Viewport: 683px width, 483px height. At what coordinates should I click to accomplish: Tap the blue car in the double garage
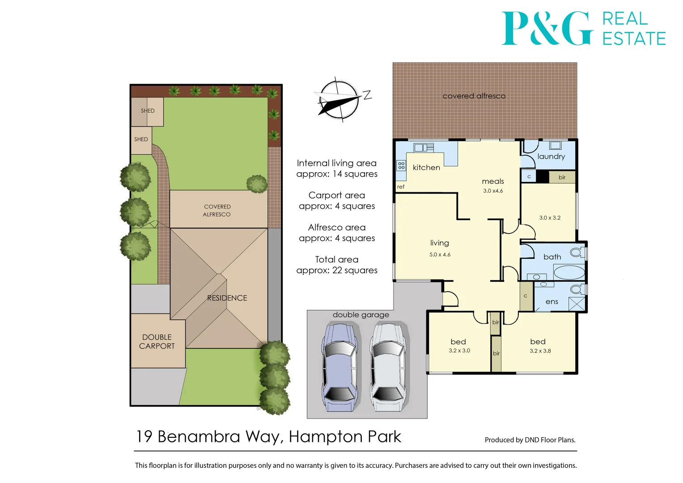[x=339, y=367]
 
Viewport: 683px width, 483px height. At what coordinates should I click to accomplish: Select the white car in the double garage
[x=388, y=367]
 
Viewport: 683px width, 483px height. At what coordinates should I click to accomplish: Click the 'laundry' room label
[x=551, y=157]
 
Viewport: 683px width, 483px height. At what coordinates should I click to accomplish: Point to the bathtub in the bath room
[x=569, y=272]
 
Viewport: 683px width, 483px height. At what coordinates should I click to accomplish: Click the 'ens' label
[x=552, y=302]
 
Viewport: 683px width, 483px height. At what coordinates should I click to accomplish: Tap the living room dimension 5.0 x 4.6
[x=440, y=254]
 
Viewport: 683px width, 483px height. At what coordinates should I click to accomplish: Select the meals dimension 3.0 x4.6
[x=493, y=191]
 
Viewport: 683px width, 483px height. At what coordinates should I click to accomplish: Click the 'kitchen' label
[x=426, y=168]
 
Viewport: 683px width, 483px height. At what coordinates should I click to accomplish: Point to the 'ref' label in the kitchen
[x=401, y=187]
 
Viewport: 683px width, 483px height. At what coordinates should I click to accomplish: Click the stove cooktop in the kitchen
[x=401, y=166]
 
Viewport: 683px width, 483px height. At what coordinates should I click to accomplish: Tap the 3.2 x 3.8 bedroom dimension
[x=540, y=351]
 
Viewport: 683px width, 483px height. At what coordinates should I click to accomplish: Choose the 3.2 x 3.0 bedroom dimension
[x=459, y=351]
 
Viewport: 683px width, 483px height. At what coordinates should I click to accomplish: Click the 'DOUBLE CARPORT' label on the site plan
[x=157, y=342]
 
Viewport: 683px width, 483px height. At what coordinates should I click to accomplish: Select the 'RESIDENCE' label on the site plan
[x=227, y=298]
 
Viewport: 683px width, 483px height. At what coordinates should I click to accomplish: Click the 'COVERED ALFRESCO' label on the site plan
[x=217, y=211]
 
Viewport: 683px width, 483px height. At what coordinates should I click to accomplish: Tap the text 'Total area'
[x=336, y=260]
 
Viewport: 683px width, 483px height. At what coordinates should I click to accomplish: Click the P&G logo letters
[x=547, y=29]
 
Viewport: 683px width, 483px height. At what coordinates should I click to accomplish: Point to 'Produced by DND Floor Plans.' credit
[x=530, y=440]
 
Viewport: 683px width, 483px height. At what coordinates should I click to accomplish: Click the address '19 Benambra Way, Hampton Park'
[x=268, y=436]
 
